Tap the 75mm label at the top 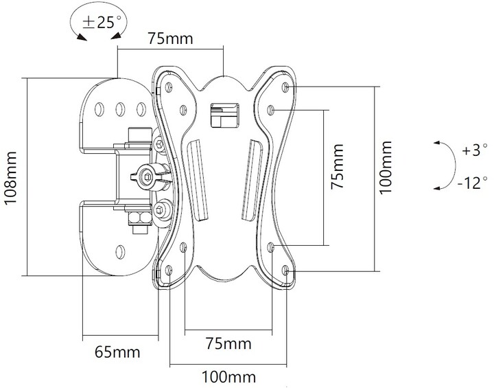171,38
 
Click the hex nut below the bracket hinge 138,219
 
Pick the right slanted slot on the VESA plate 252,179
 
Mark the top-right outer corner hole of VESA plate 285,87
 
